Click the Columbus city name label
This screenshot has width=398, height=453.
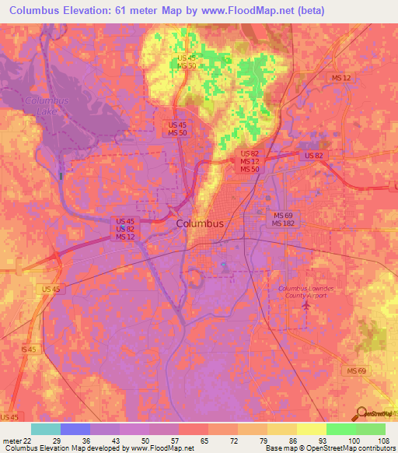click(x=200, y=223)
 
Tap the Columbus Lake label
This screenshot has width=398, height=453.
click(x=46, y=107)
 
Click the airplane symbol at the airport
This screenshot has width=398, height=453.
click(x=305, y=305)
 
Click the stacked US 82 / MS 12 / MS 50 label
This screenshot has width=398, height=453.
click(x=249, y=161)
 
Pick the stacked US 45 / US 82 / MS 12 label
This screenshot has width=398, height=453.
click(x=125, y=229)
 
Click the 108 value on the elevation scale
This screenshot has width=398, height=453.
click(x=384, y=441)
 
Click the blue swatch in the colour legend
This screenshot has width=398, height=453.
click(x=75, y=429)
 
